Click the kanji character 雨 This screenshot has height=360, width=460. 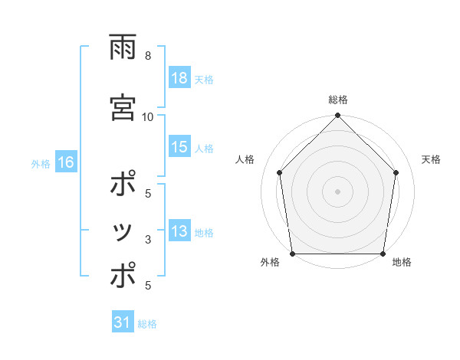pos(123,49)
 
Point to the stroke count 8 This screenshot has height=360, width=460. pos(147,55)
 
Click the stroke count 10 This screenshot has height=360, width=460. pos(148,116)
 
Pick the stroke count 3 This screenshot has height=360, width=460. pos(147,240)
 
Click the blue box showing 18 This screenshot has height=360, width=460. pos(179,79)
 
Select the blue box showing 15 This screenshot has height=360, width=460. pos(179,148)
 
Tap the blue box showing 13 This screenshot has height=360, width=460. pos(179,232)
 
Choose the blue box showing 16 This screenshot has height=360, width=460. pos(65,162)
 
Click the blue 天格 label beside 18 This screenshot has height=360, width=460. pos(203,80)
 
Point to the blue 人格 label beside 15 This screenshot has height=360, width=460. pos(203,149)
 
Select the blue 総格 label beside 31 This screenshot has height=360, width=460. pos(147,323)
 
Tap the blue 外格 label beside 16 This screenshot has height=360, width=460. pos(40,163)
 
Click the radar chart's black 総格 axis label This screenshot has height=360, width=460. pos(337,100)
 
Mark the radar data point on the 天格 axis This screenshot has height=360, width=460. pos(396,172)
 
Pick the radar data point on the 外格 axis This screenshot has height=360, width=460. pos(292,254)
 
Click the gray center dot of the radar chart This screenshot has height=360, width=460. pos(337,191)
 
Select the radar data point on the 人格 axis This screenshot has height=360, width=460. pos(279,172)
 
